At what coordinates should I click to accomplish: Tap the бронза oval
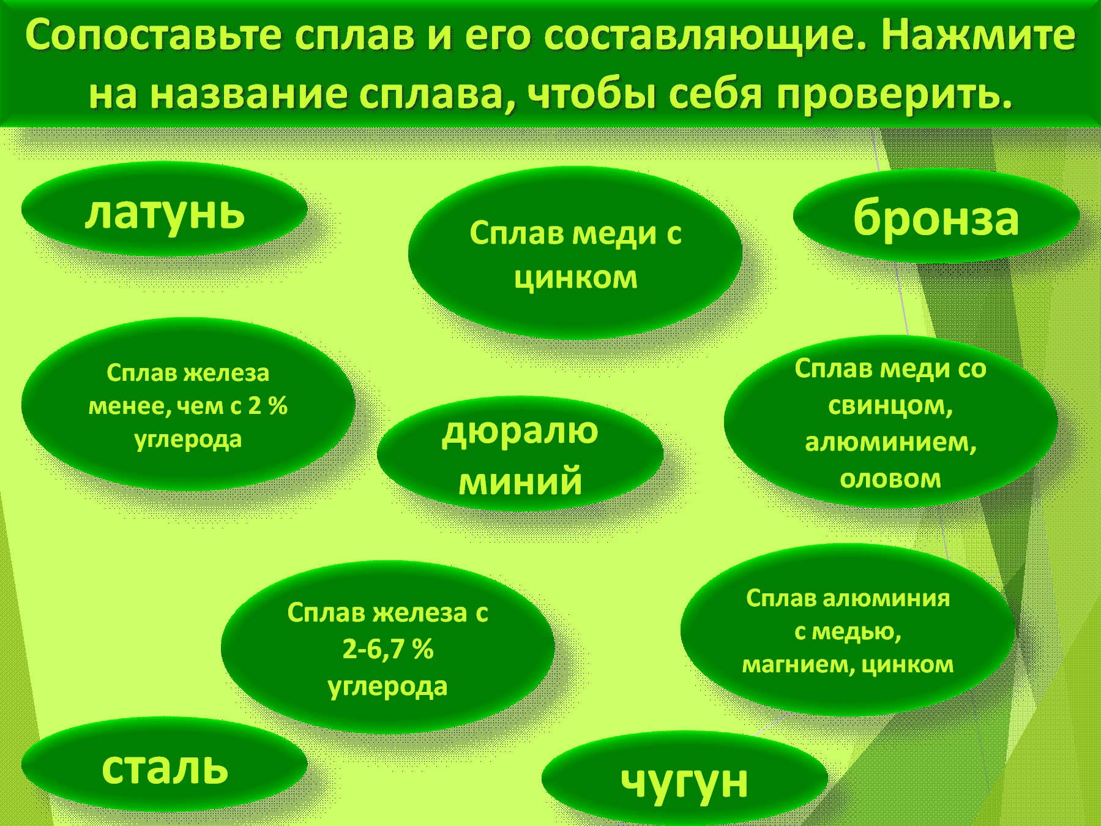coord(936,217)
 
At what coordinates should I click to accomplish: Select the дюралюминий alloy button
coord(520,454)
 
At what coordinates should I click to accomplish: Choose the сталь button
coord(164,765)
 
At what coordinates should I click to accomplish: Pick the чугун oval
coord(684,779)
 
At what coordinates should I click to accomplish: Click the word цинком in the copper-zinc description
coord(575,278)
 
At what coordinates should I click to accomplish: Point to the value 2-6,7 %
coord(388,649)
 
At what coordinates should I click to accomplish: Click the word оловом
coord(890,479)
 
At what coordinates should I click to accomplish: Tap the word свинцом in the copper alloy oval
coord(890,406)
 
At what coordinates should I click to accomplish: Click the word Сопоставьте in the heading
coord(154,36)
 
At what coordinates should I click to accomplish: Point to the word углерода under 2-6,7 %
coord(388,687)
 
